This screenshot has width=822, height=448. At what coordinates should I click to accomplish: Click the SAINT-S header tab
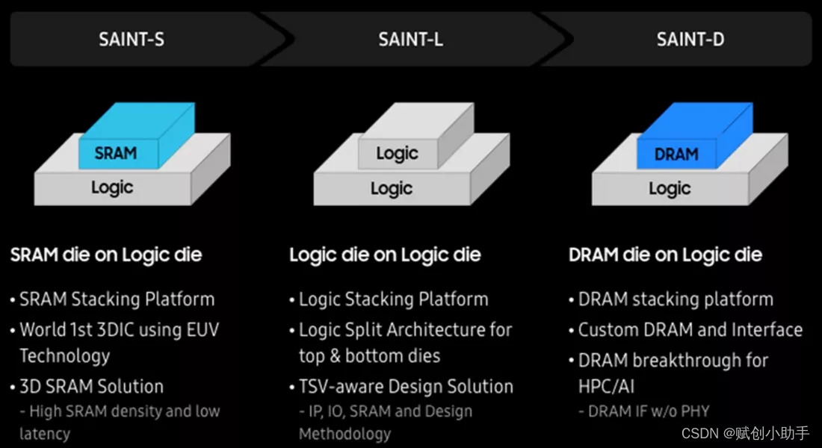point(132,39)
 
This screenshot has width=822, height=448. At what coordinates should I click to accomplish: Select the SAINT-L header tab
point(410,39)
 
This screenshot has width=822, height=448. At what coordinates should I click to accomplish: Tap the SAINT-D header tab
point(690,39)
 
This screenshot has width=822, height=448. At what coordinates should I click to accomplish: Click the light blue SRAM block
point(117,153)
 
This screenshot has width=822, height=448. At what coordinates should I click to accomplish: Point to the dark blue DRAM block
point(676,155)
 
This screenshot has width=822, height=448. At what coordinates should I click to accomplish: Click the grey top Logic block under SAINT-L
point(397,154)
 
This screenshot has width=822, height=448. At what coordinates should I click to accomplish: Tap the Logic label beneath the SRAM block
point(112,187)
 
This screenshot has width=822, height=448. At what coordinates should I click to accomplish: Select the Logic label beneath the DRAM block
point(670,188)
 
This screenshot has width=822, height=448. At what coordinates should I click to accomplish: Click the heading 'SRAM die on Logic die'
point(106,255)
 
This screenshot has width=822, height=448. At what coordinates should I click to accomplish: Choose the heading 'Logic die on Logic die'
point(385,255)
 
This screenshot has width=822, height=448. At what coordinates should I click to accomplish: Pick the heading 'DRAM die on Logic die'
point(665,255)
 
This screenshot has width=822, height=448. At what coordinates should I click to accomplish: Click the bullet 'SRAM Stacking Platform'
point(117,299)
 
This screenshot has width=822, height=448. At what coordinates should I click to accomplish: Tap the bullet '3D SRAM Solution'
point(91,386)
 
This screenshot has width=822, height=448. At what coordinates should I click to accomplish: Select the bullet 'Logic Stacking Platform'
point(393,299)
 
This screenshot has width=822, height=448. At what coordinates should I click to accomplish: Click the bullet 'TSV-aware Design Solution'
point(406,386)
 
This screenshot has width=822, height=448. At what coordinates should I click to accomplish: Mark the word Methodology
point(344,433)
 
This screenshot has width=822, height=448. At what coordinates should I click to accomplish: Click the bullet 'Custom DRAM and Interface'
point(690,329)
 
